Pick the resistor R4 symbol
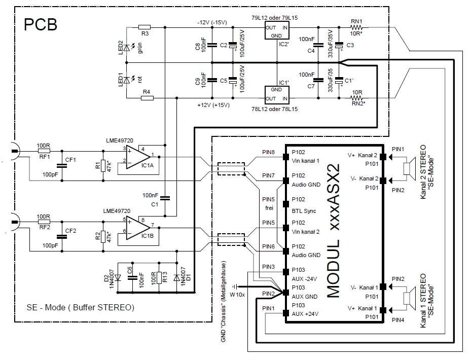click(x=147, y=98)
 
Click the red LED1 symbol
click(x=127, y=79)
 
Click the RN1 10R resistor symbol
click(x=357, y=27)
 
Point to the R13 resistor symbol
click(x=159, y=277)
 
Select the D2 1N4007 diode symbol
click(x=117, y=277)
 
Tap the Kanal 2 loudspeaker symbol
click(x=409, y=168)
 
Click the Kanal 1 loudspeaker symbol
click(x=409, y=298)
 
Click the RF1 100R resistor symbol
click(x=44, y=151)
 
